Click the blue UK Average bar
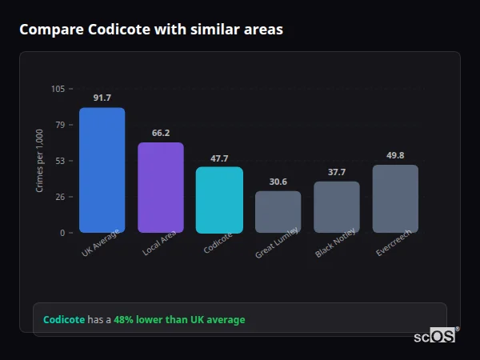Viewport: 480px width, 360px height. coord(102,170)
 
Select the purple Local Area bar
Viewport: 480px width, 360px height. coord(161,188)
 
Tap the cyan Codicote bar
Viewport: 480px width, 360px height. coord(219,200)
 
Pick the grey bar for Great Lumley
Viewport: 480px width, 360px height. coord(278,212)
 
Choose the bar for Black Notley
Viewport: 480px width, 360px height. coord(337,207)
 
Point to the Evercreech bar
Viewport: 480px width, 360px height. coord(395,199)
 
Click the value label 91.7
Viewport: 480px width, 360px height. coord(102,98)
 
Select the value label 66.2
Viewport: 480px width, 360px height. coord(161,133)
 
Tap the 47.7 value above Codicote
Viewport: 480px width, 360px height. coord(219,158)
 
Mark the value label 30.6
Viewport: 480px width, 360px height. coord(278,182)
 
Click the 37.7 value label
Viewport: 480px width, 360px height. coord(337,172)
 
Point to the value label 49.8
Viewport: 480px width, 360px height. coord(395,155)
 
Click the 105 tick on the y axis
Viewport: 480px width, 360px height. coord(58,89)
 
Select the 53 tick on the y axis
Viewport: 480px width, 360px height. coord(60,161)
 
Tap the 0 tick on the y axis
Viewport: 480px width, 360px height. coord(62,233)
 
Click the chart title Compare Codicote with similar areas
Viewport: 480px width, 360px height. coord(150,30)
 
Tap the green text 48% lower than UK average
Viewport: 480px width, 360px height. coord(179,320)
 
